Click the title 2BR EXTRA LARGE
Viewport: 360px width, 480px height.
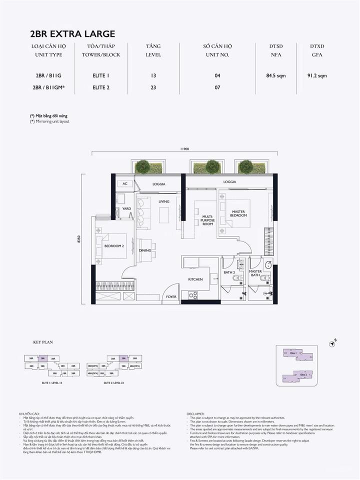coord(72,34)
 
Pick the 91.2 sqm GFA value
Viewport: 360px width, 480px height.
coord(317,76)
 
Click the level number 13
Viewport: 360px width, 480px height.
coord(153,76)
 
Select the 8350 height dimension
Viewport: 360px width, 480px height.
coord(79,239)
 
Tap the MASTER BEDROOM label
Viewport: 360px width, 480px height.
coord(238,214)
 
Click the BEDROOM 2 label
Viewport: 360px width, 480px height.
coord(113,246)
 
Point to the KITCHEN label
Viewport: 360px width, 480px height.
coord(195,279)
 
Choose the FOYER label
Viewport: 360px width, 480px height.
coord(171,297)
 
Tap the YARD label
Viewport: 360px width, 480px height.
coord(126,208)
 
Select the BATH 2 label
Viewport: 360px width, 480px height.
coord(229,272)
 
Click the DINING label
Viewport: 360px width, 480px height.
coord(145,250)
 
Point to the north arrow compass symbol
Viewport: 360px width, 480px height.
coord(333,343)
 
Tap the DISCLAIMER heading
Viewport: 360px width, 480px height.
coord(195,414)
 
